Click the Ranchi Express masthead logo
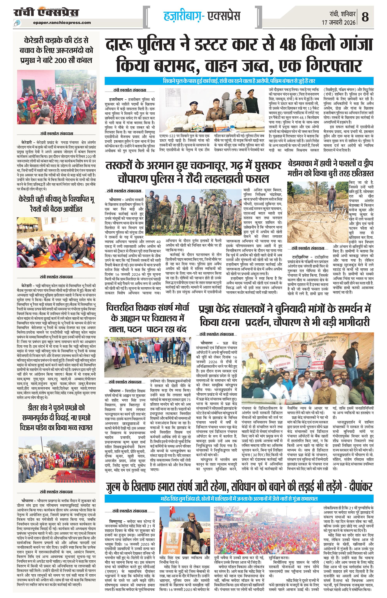[x=46, y=12]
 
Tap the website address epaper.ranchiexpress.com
[x=62, y=23]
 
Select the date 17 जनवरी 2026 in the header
[x=339, y=22]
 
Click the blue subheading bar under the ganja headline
[x=239, y=81]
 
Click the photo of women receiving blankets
[x=56, y=97]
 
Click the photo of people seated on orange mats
[x=56, y=243]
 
